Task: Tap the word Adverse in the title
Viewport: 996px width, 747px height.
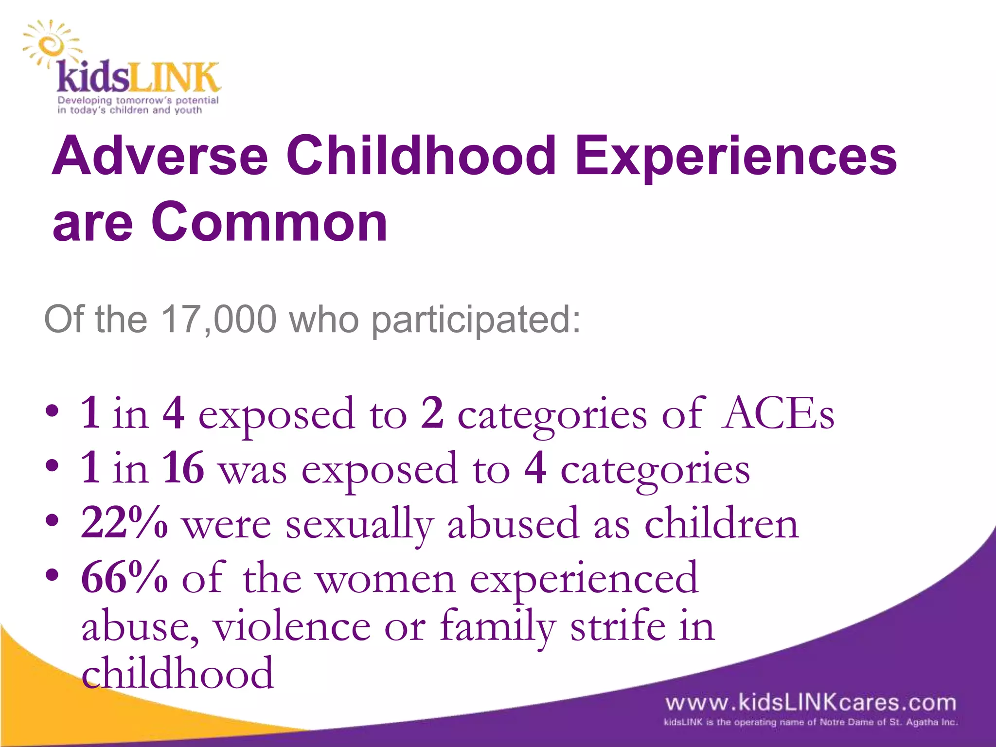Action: [x=160, y=156]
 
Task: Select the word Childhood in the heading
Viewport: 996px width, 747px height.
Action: [x=421, y=156]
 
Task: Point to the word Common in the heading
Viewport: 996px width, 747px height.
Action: [x=269, y=222]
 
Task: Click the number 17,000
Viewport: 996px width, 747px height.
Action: [x=218, y=320]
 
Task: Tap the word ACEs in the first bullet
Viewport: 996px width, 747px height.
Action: [x=778, y=414]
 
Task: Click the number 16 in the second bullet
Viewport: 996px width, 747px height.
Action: [x=183, y=468]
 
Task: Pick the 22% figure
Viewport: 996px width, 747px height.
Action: [x=124, y=523]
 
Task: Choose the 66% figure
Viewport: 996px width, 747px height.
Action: [x=124, y=578]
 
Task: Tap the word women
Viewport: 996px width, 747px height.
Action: [x=387, y=579]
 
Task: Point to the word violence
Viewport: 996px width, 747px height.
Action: [x=292, y=627]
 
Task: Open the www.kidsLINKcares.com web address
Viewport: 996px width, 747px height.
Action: [x=810, y=703]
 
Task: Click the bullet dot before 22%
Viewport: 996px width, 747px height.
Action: [x=52, y=521]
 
